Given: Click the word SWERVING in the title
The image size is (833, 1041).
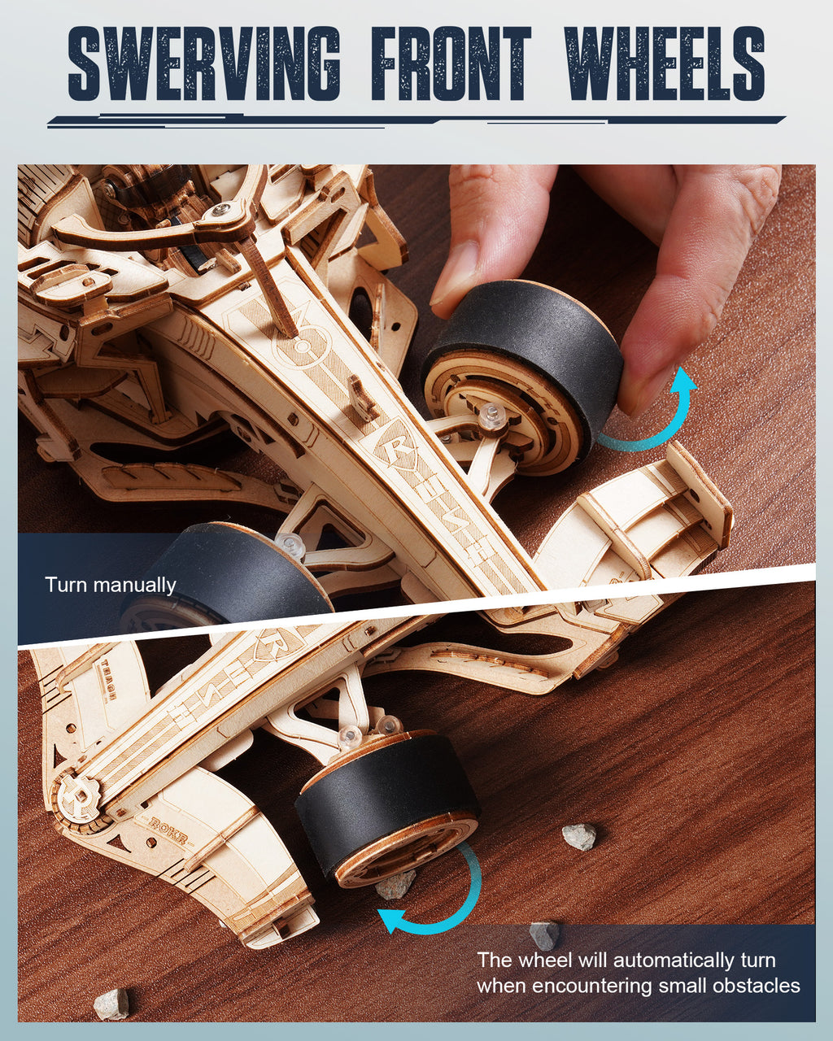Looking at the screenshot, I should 203,63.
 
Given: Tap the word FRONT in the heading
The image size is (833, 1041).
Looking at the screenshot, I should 451,63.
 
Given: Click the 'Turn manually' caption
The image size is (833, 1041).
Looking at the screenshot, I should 111,585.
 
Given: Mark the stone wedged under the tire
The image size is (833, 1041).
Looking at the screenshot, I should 395,885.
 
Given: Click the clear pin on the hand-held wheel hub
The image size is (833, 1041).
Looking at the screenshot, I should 491,416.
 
